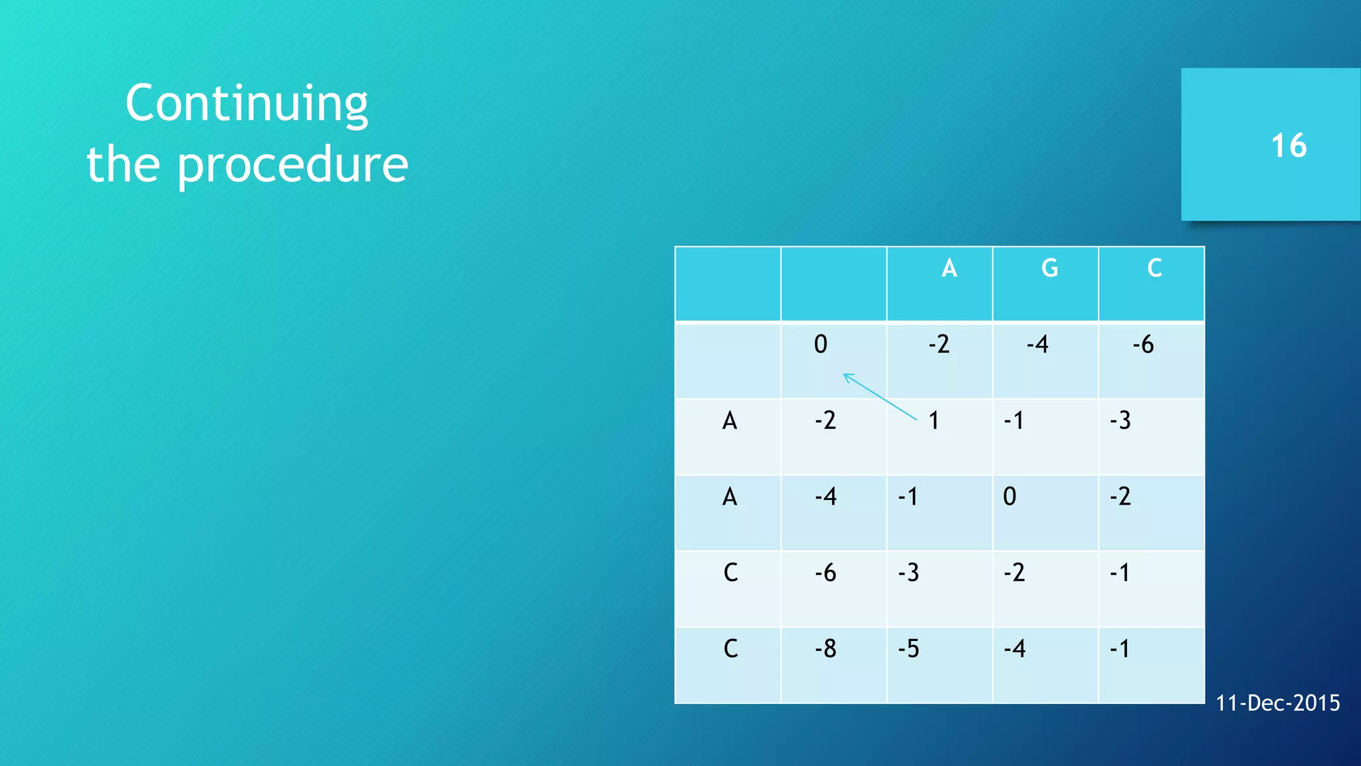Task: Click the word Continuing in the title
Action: click(x=247, y=104)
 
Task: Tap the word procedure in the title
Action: click(x=292, y=164)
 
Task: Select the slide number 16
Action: click(x=1289, y=146)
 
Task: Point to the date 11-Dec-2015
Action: click(x=1277, y=703)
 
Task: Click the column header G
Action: click(x=1049, y=268)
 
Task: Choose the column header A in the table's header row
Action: click(x=949, y=268)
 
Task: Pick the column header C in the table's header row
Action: click(x=1154, y=268)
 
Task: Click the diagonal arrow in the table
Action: click(x=880, y=397)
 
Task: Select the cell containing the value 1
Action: click(x=934, y=420)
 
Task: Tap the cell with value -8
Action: click(x=825, y=648)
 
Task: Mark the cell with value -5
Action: click(x=908, y=648)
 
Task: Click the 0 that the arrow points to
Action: click(x=821, y=344)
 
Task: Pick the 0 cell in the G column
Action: click(x=1009, y=497)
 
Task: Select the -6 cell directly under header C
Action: click(x=1143, y=344)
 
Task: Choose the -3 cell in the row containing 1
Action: click(x=1120, y=420)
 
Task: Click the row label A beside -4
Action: click(x=730, y=497)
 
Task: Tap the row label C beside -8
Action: click(x=730, y=648)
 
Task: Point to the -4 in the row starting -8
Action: click(x=1014, y=648)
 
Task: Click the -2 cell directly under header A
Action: click(x=939, y=344)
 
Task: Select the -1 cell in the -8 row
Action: click(x=1120, y=648)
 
